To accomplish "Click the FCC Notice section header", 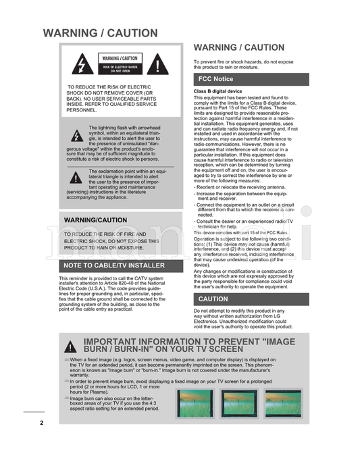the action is point(215,79).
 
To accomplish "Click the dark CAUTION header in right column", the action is point(213,299).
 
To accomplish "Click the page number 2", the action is point(41,423).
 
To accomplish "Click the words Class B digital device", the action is point(217,90).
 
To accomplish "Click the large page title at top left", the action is point(100,33).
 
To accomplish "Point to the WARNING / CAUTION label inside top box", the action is point(120,59).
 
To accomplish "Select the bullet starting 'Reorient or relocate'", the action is point(230,187).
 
